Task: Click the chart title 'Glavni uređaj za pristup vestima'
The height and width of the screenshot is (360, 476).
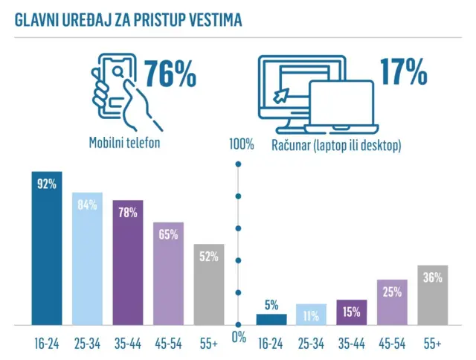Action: [129, 19]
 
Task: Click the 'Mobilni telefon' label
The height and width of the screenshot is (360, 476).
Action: [124, 144]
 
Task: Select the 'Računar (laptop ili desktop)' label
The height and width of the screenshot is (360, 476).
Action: [336, 145]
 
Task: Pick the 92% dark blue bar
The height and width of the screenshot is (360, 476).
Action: [46, 248]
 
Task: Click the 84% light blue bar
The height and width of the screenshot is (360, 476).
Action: [87, 259]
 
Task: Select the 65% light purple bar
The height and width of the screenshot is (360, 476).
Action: [168, 274]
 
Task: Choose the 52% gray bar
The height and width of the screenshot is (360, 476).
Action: [208, 285]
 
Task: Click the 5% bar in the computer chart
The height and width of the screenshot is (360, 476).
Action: [271, 319]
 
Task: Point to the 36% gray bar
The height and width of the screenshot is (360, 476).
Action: [433, 295]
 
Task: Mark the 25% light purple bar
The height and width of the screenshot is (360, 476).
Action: [393, 303]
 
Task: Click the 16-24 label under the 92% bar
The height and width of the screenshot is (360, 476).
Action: [46, 344]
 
